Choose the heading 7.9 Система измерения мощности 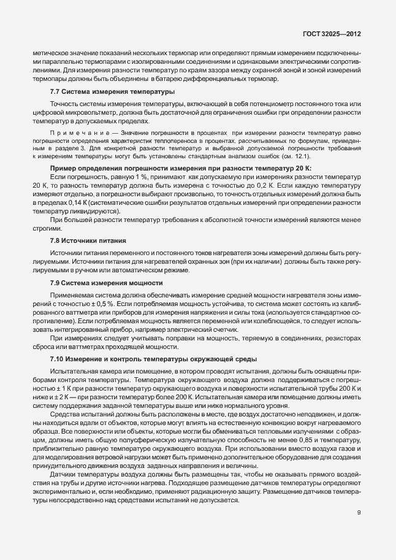point(106,282)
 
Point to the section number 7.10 point(58,358)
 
